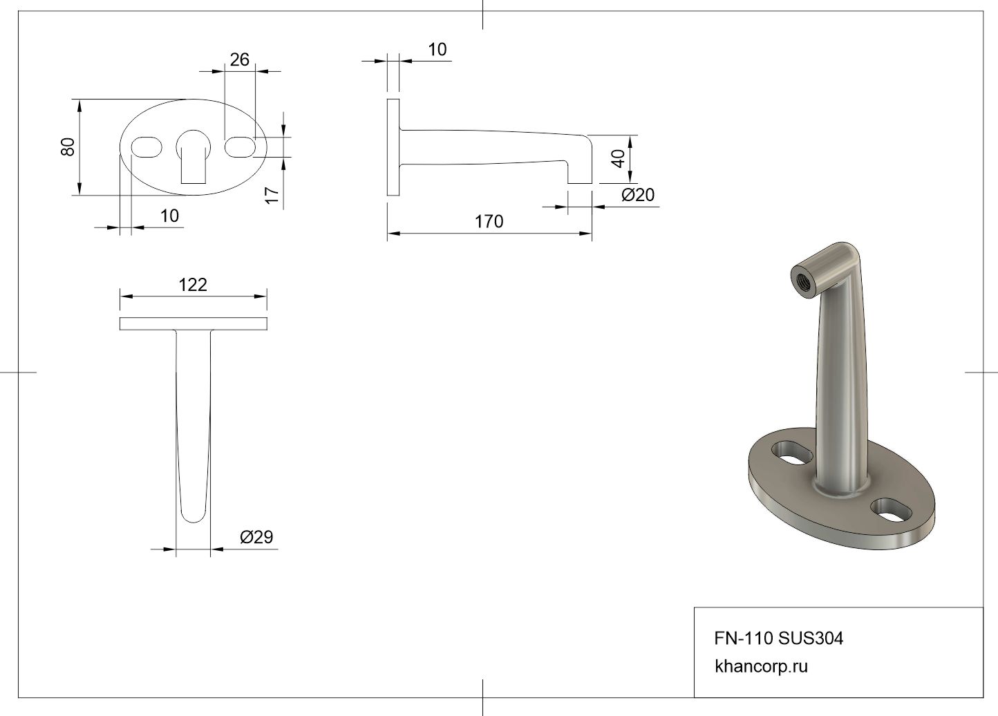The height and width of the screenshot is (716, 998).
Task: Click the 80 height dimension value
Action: [68, 147]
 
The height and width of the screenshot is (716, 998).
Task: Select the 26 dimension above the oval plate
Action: [240, 59]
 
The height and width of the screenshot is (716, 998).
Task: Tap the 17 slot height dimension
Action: [272, 196]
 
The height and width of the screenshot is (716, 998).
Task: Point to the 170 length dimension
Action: [489, 221]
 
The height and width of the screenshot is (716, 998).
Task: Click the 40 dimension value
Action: [619, 159]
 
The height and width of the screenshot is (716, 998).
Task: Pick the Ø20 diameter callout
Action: [638, 195]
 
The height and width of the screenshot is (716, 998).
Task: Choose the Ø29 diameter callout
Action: [256, 537]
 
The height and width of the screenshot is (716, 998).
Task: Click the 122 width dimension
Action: [193, 285]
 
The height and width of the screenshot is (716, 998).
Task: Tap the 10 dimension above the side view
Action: [437, 50]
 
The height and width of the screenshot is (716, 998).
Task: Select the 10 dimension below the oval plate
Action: [169, 216]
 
